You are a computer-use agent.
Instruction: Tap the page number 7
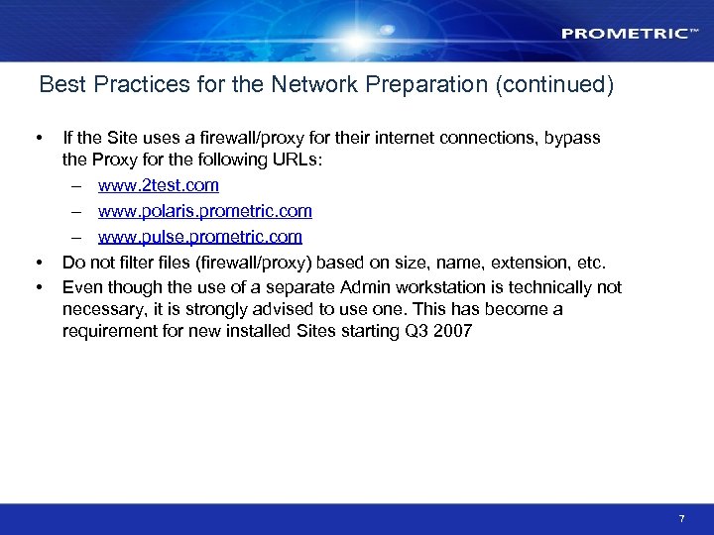(681, 519)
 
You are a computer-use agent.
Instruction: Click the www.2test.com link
(159, 185)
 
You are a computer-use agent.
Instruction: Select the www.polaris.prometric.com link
(205, 211)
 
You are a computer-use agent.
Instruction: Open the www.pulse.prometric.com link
(200, 237)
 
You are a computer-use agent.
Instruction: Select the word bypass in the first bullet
(574, 138)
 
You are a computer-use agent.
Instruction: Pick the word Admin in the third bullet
(363, 287)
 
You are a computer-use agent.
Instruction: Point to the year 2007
(453, 331)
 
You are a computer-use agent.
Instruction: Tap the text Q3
(416, 331)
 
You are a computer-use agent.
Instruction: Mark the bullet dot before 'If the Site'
(38, 138)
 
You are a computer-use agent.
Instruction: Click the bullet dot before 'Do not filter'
(38, 263)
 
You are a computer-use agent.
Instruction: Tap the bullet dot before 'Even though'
(38, 287)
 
